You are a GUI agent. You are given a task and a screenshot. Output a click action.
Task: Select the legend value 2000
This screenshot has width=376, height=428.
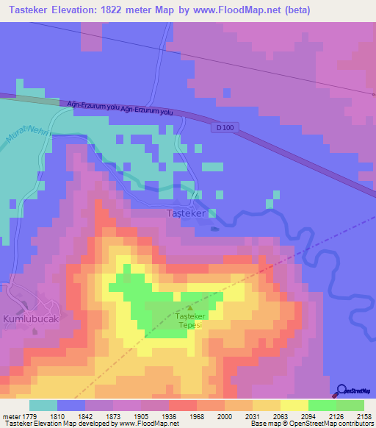[x=225, y=416]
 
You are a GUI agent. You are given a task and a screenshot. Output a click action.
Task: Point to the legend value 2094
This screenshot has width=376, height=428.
[x=308, y=416]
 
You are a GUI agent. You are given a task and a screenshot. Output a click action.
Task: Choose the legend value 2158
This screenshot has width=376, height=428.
[x=364, y=416]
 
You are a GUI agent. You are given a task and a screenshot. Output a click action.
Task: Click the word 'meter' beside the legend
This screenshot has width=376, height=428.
[x=11, y=416]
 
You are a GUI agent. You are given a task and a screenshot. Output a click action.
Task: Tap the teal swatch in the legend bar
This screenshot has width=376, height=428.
[x=43, y=405]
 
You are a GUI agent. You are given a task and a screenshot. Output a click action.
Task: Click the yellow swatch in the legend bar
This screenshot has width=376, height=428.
[x=294, y=405]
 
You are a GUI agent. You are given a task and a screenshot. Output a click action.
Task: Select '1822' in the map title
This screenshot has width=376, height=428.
[x=131, y=10]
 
